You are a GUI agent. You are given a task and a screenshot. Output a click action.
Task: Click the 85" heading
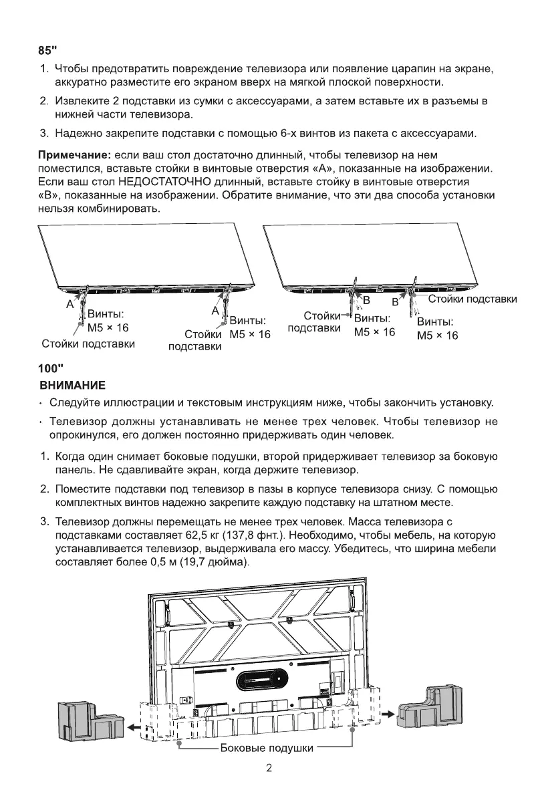[x=47, y=51]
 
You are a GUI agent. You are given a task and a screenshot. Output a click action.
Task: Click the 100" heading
[x=51, y=368]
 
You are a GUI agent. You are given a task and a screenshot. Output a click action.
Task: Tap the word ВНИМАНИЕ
[x=72, y=386]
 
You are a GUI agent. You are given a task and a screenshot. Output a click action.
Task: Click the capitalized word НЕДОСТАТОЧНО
[x=162, y=182]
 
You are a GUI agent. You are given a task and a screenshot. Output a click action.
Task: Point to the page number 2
[x=269, y=768]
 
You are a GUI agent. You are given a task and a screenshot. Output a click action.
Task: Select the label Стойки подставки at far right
[x=472, y=299]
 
